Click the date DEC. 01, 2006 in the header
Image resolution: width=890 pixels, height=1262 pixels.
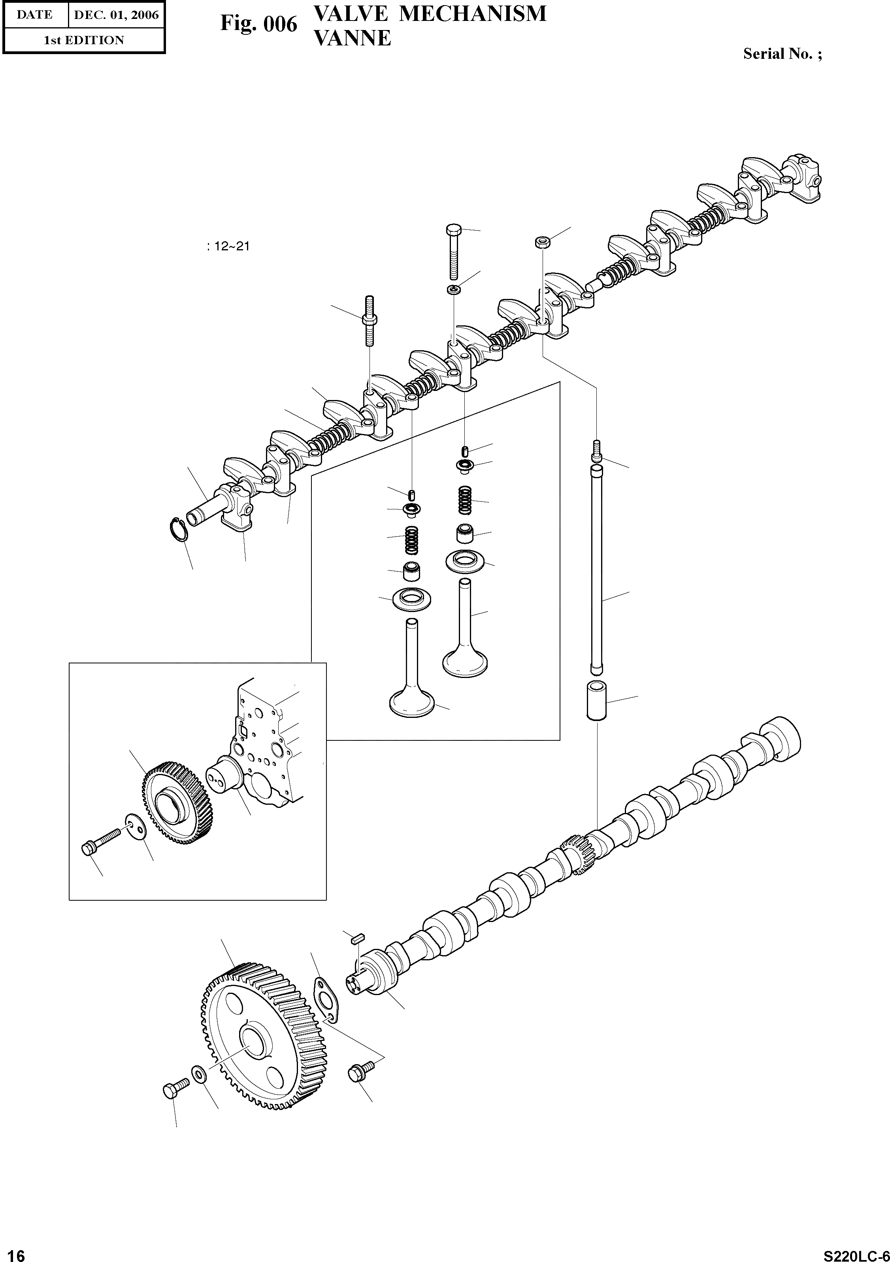(x=116, y=15)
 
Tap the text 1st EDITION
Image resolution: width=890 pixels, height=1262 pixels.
(x=84, y=40)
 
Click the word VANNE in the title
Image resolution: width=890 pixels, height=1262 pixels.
(x=352, y=38)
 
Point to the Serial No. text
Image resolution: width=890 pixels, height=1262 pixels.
(x=782, y=54)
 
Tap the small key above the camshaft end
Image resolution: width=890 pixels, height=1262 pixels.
(x=355, y=939)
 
